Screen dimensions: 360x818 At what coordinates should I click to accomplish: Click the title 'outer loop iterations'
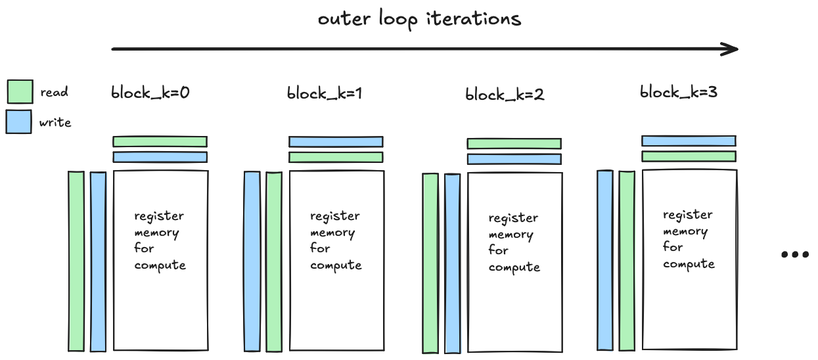tap(419, 18)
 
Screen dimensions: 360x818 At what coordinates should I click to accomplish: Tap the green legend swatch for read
tap(19, 92)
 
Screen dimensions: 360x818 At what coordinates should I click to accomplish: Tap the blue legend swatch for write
tap(18, 122)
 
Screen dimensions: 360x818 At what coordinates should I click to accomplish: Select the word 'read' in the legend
tap(54, 92)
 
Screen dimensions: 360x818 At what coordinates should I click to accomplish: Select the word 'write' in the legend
tap(55, 122)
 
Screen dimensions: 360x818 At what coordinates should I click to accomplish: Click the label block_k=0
tap(150, 93)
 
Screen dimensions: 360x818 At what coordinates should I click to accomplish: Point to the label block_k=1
tap(325, 93)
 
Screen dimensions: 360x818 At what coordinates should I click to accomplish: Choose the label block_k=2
tap(505, 95)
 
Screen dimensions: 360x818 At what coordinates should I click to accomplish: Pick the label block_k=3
tap(679, 92)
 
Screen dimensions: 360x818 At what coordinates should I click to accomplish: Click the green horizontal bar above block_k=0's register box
tap(160, 141)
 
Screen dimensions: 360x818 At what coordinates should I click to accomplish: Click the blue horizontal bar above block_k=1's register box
tap(336, 141)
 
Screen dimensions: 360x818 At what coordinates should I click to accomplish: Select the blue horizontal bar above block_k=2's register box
tap(514, 159)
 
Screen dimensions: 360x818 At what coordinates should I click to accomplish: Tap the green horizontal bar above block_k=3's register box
tap(689, 156)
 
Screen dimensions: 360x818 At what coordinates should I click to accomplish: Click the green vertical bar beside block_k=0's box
tap(76, 261)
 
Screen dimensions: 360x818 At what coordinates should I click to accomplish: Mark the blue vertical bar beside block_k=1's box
tap(252, 261)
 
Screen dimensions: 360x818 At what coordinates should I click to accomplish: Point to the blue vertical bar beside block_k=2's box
tap(452, 263)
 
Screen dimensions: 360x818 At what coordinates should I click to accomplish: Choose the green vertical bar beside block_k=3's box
tap(627, 260)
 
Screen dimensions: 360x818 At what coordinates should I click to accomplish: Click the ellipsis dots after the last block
tap(794, 255)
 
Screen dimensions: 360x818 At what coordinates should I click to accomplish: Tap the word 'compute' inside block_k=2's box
tap(514, 267)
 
